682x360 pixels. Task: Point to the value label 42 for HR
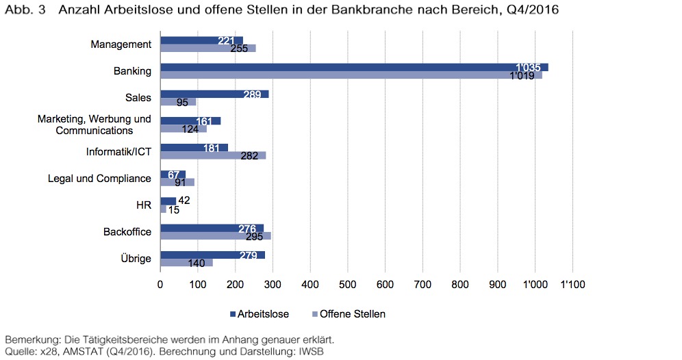[x=184, y=201]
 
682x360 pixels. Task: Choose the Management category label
[x=121, y=44]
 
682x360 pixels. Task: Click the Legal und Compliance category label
[x=99, y=179]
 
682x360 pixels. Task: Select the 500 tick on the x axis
[x=348, y=283]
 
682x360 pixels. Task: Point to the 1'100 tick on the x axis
[x=572, y=283]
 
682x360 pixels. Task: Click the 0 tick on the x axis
[x=160, y=283]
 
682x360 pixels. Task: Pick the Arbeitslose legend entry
[x=264, y=314]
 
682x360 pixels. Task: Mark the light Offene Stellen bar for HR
[x=163, y=209]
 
